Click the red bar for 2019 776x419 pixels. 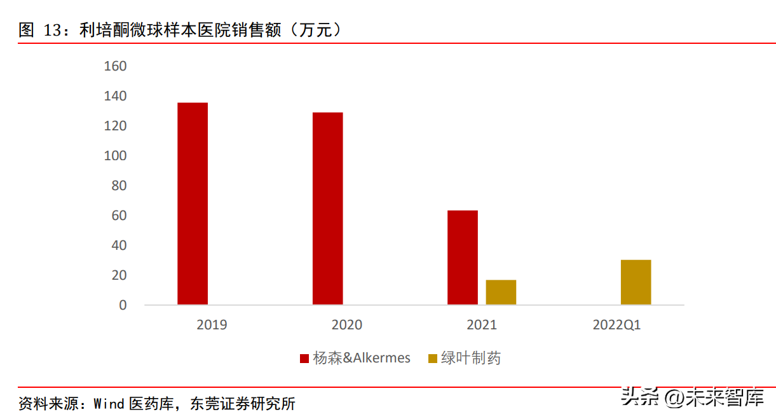[x=193, y=203]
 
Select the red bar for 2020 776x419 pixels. [x=328, y=209]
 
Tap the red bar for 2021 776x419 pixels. [x=463, y=258]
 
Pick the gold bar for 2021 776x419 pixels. [x=501, y=292]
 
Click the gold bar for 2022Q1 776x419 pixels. [x=636, y=282]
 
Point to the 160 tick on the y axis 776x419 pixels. [x=115, y=66]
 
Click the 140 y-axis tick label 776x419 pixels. [x=115, y=96]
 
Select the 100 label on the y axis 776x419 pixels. [x=115, y=156]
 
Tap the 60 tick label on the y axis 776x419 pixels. [x=119, y=216]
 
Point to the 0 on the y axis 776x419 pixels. [x=123, y=305]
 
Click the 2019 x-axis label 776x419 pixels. [x=212, y=325]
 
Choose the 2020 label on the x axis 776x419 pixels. [x=347, y=325]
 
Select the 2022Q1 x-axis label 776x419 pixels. [x=616, y=325]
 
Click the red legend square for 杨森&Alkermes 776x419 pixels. [x=305, y=359]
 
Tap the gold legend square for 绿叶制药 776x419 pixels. [x=433, y=359]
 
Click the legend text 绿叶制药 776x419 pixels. [x=471, y=359]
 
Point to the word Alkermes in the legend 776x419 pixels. [x=381, y=359]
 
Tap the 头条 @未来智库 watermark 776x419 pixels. [x=692, y=397]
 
